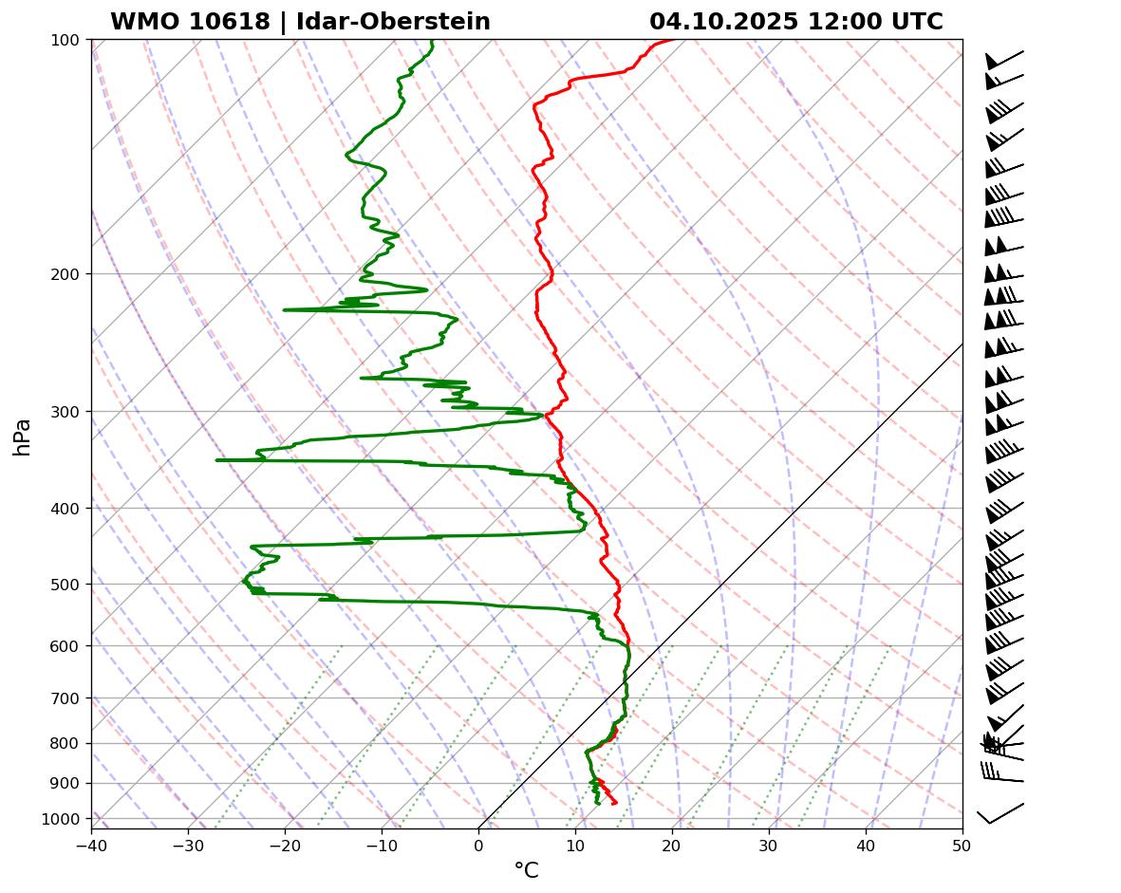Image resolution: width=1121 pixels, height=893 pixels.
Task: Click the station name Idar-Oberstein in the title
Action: coord(393,22)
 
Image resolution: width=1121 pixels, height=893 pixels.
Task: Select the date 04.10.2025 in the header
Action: coord(723,22)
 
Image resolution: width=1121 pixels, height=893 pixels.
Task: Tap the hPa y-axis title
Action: coord(23,437)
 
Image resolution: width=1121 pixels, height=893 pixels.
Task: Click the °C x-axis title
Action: coord(526,870)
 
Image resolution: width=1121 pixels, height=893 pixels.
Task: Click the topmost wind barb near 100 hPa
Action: coord(1003,59)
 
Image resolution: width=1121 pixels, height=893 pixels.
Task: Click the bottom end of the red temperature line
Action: coord(615,804)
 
